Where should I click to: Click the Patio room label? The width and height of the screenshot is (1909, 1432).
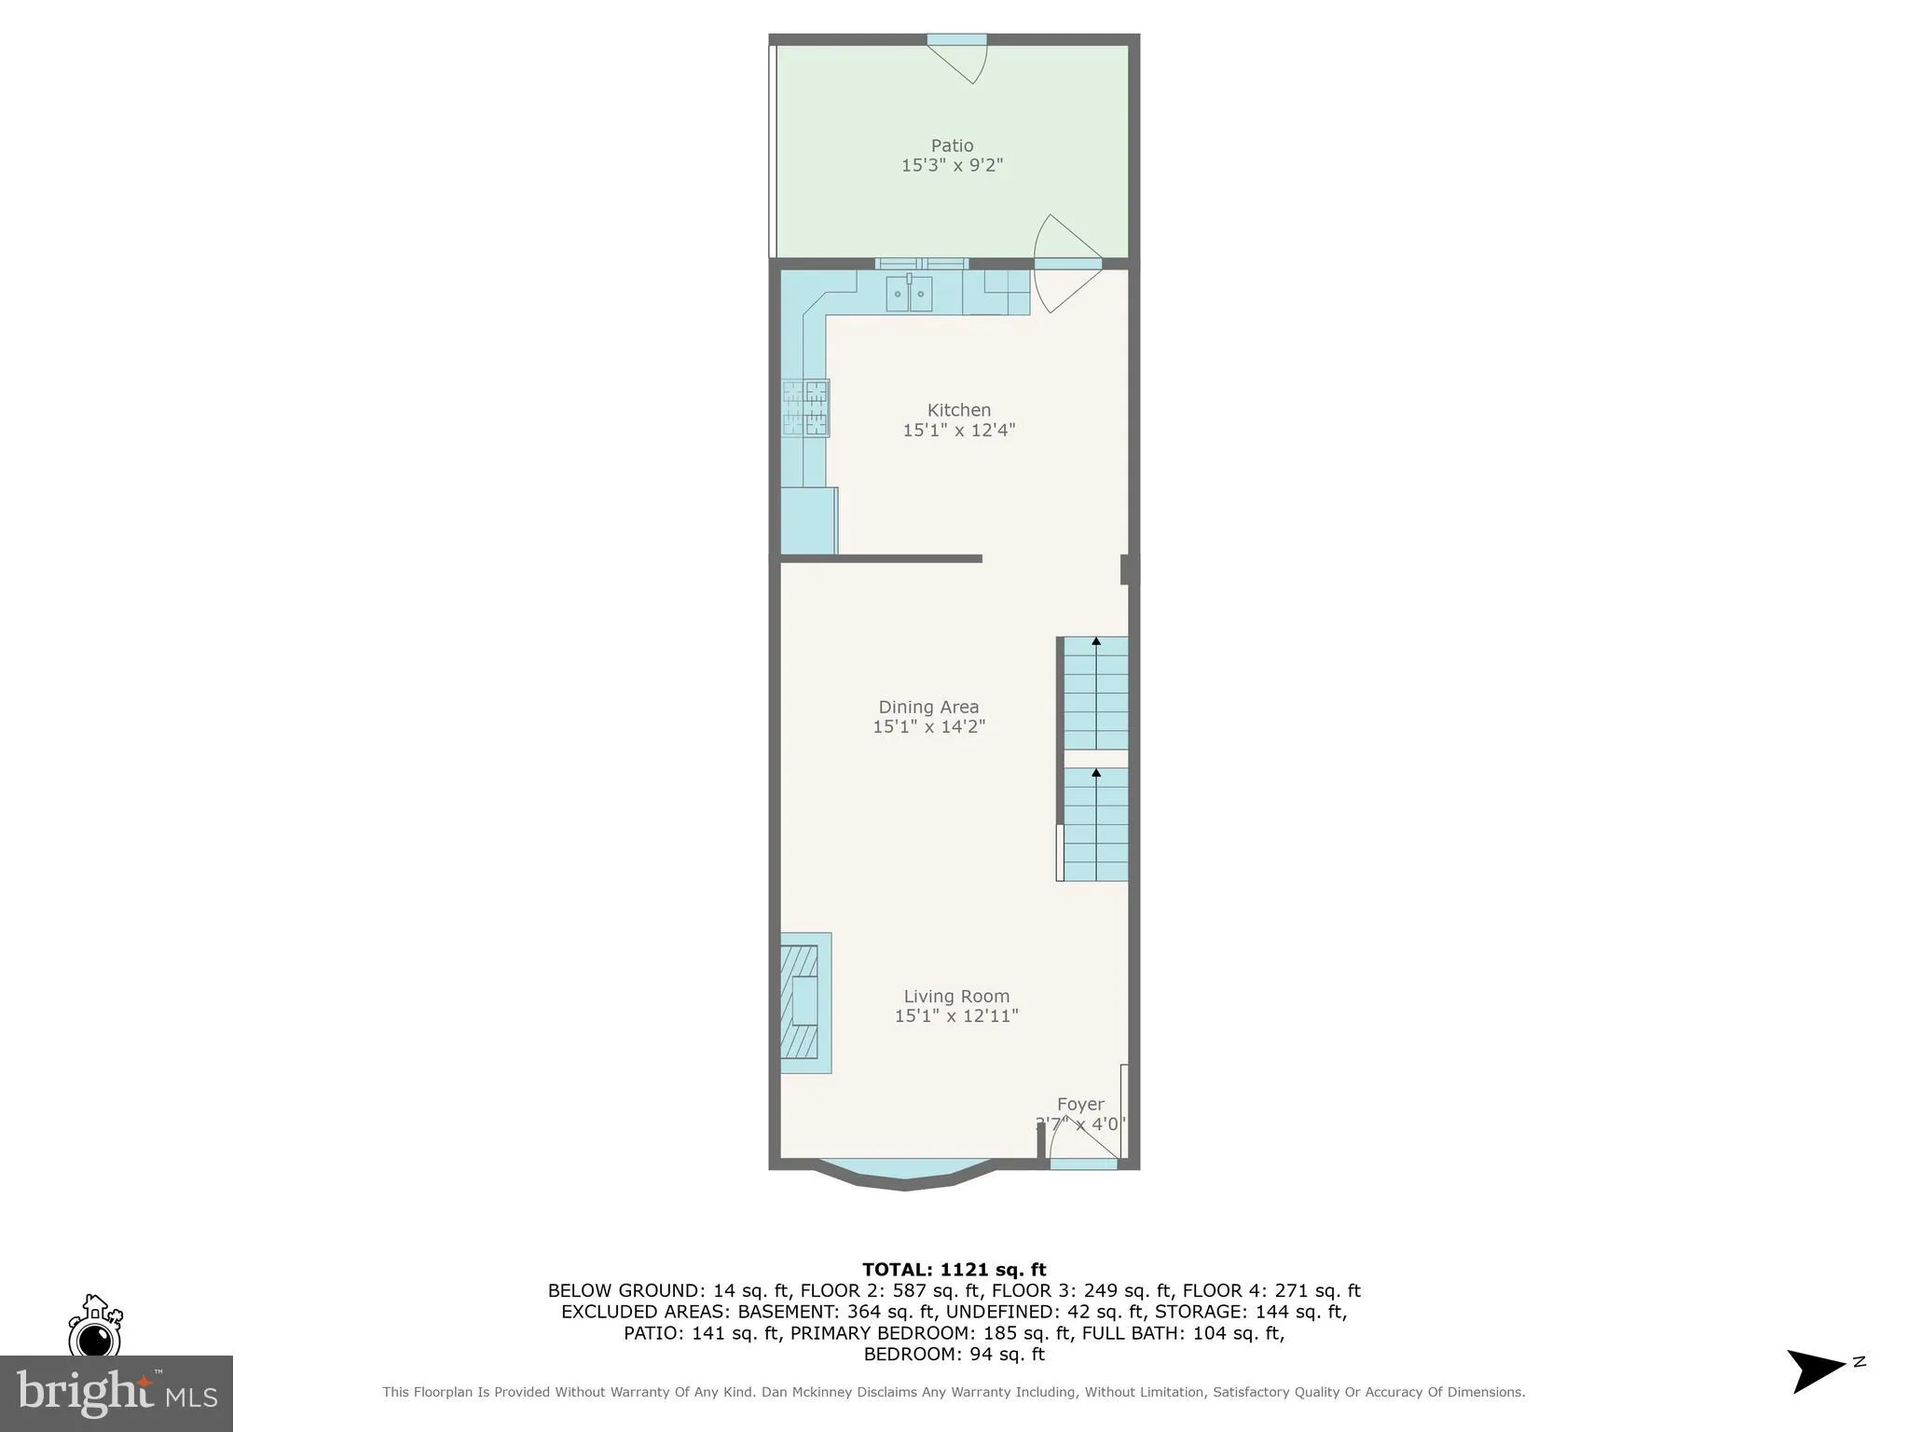952,145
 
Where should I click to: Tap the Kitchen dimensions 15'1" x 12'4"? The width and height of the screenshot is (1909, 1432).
958,430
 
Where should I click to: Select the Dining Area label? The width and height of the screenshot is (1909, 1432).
928,707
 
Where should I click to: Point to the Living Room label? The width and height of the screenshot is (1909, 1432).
956,996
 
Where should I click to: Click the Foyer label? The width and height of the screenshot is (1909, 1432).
1080,1104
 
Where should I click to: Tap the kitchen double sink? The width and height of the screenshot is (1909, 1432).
908,294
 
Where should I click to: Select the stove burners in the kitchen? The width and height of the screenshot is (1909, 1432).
806,407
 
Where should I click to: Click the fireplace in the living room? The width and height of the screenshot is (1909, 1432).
802,1002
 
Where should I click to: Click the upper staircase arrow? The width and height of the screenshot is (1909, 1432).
1096,641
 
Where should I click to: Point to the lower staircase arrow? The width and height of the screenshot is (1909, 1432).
1096,773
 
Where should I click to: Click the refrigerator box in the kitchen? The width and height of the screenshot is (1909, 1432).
808,521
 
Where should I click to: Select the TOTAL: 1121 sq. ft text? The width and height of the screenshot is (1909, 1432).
954,1269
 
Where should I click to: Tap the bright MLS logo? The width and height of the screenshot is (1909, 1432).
116,1393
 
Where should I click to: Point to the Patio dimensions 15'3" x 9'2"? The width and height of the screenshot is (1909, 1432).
952,165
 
